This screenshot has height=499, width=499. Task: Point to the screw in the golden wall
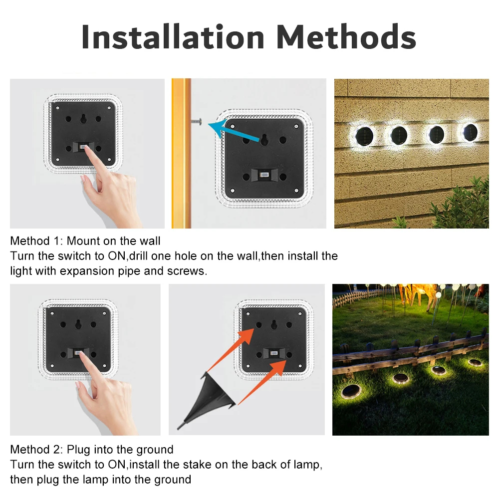[x=196, y=121]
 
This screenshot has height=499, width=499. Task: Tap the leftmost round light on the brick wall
[x=364, y=136]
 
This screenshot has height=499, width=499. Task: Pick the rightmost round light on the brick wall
[x=471, y=132]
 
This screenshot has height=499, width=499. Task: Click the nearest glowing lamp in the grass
[x=351, y=391]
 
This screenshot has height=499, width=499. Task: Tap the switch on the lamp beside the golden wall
[x=264, y=175]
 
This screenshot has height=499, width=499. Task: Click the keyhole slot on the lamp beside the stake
[x=274, y=325]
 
